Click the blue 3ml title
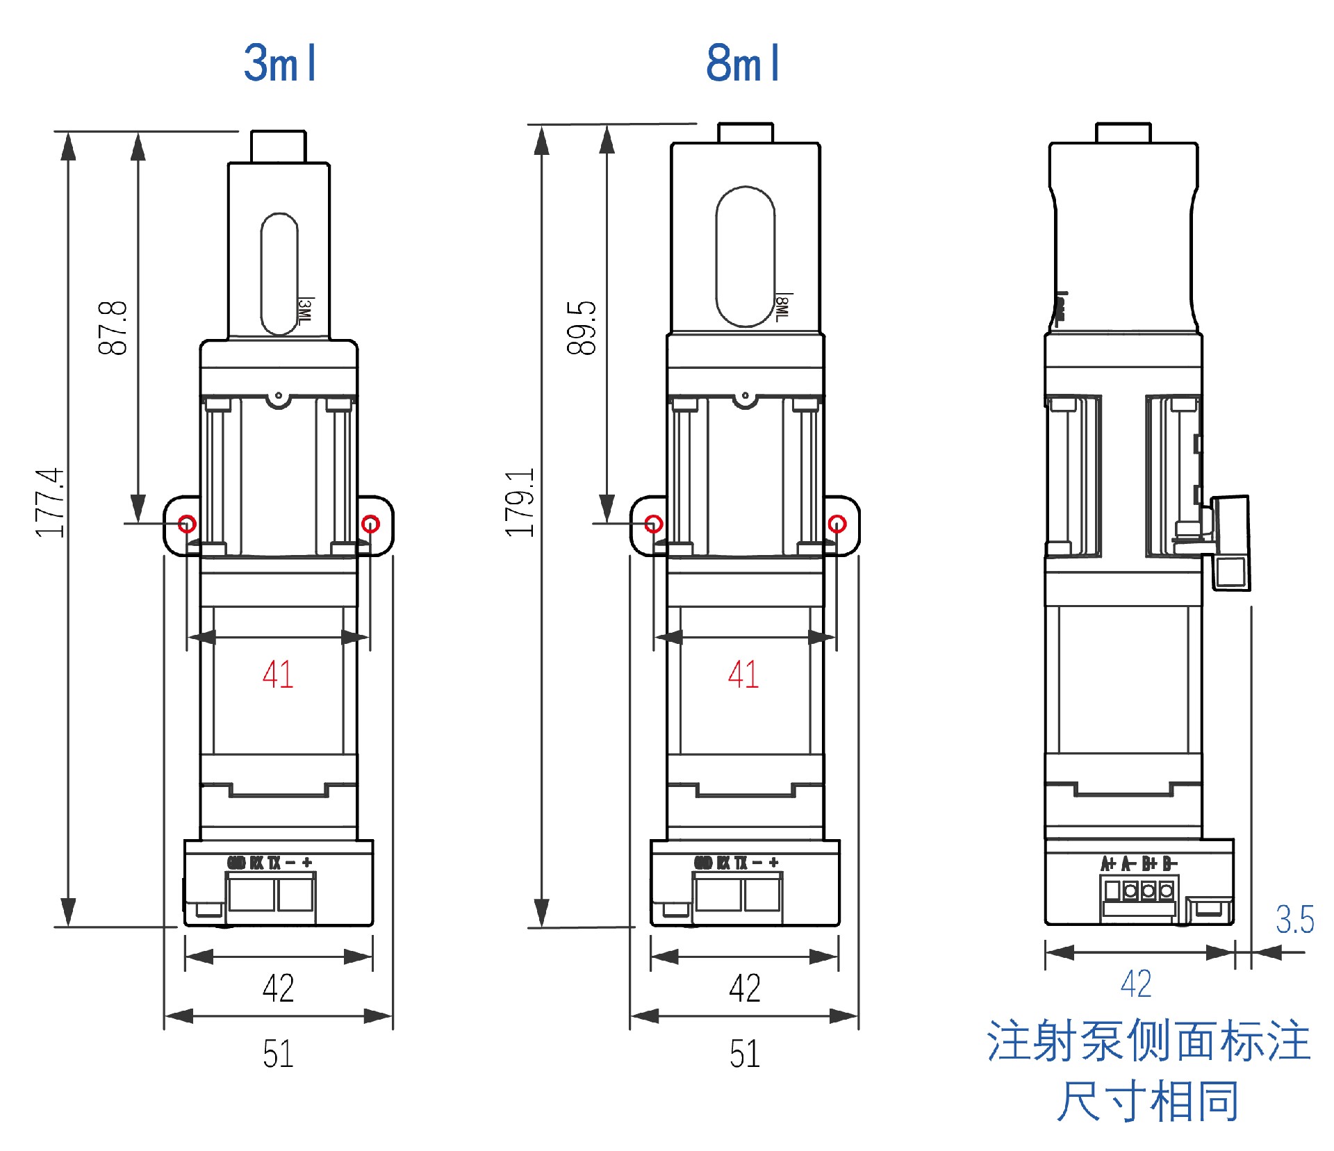(280, 63)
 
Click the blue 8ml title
(743, 63)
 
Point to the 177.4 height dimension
(49, 503)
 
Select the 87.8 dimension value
(113, 329)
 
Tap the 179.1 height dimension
(520, 503)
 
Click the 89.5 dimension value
(582, 329)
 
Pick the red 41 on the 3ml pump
(278, 674)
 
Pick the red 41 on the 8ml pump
(743, 674)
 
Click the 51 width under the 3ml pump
(278, 1053)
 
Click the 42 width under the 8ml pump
(744, 988)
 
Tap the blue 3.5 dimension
(1294, 920)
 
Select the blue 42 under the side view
(1136, 984)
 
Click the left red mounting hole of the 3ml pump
(187, 523)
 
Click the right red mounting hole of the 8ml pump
(837, 523)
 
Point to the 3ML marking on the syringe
(305, 310)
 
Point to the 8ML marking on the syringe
(782, 308)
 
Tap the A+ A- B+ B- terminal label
(1139, 863)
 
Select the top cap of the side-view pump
(1123, 133)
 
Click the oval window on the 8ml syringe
(746, 256)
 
